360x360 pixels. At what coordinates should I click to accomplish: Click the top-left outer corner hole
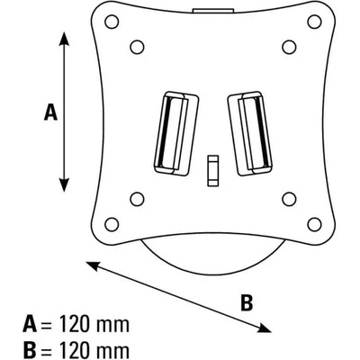pyautogui.click(x=112, y=22)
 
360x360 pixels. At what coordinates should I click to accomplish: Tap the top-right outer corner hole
pyautogui.click(x=314, y=22)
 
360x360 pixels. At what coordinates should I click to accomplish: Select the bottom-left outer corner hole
pyautogui.click(x=112, y=224)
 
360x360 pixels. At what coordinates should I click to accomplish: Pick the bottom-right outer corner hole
pyautogui.click(x=314, y=224)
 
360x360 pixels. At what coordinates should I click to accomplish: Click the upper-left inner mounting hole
pyautogui.click(x=137, y=47)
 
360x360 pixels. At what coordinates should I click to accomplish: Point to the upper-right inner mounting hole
pyautogui.click(x=290, y=47)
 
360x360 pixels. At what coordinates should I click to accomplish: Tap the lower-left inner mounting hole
pyautogui.click(x=137, y=199)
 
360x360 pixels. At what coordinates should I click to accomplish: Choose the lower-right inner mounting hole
pyautogui.click(x=290, y=199)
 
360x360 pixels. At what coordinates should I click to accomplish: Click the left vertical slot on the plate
pyautogui.click(x=176, y=133)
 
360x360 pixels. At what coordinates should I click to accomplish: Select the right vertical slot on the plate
pyautogui.click(x=250, y=133)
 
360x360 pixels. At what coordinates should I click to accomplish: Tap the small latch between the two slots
pyautogui.click(x=213, y=171)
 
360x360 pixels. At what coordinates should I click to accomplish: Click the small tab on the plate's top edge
pyautogui.click(x=213, y=11)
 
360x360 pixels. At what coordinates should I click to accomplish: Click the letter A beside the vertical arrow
pyautogui.click(x=50, y=112)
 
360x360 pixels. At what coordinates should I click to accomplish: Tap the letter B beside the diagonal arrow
pyautogui.click(x=247, y=302)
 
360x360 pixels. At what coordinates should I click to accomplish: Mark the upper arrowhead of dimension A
pyautogui.click(x=64, y=39)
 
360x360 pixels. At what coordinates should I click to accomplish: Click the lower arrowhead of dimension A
pyautogui.click(x=64, y=184)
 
